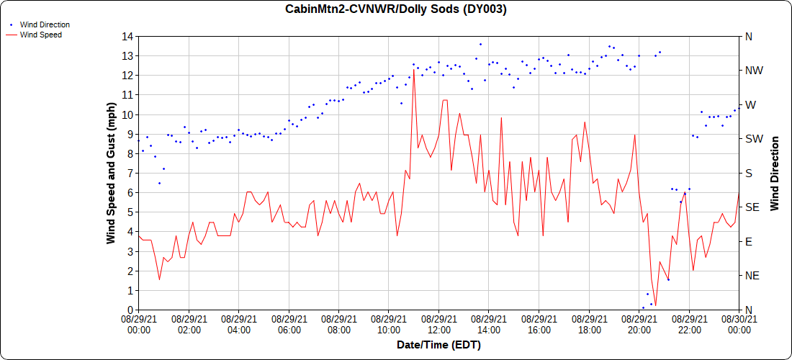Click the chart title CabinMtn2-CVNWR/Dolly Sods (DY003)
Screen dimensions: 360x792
pyautogui.click(x=396, y=9)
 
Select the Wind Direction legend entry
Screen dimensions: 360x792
pyautogui.click(x=45, y=24)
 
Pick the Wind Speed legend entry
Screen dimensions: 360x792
pyautogui.click(x=40, y=34)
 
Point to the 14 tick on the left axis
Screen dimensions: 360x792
pyautogui.click(x=128, y=36)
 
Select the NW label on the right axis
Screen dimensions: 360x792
pyautogui.click(x=753, y=71)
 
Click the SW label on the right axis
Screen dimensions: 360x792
pyautogui.click(x=753, y=139)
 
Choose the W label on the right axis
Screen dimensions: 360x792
pyautogui.click(x=750, y=104)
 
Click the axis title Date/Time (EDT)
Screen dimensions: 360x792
pyautogui.click(x=438, y=345)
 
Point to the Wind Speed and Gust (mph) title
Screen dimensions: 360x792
pyautogui.click(x=112, y=173)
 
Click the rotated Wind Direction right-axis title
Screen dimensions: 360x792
pyautogui.click(x=775, y=173)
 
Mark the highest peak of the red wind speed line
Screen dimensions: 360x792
pyautogui.click(x=413, y=70)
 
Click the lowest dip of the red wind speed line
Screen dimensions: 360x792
pyautogui.click(x=655, y=306)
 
